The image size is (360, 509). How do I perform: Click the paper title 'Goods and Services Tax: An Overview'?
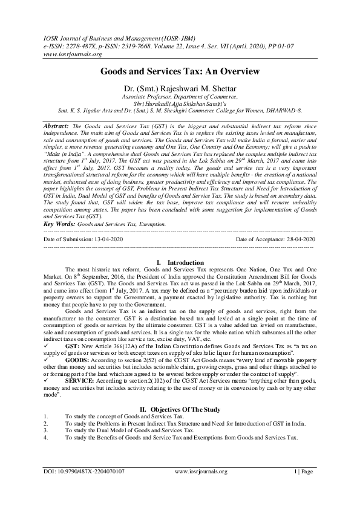pos(180,71)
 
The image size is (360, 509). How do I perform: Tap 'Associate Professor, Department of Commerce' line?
pos(180,96)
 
